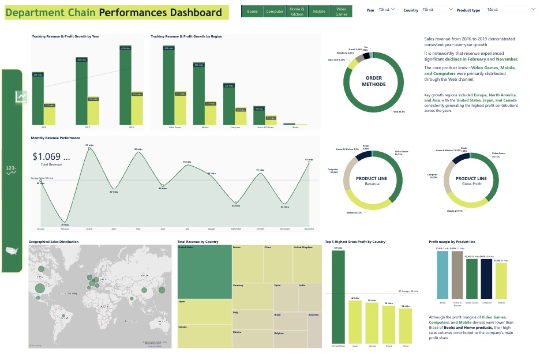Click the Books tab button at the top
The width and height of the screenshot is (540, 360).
[x=252, y=12]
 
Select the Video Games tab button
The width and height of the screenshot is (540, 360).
[x=341, y=12]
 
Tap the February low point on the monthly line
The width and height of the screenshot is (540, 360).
[x=65, y=222]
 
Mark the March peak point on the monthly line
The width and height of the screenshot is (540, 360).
[x=89, y=148]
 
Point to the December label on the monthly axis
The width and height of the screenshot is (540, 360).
[x=310, y=229]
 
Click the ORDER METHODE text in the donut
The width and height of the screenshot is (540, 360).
[x=374, y=81]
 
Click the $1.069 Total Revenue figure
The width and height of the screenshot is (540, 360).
[x=51, y=157]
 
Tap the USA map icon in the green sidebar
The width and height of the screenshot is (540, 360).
[x=12, y=250]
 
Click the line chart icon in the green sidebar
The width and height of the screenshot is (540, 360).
[x=21, y=97]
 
